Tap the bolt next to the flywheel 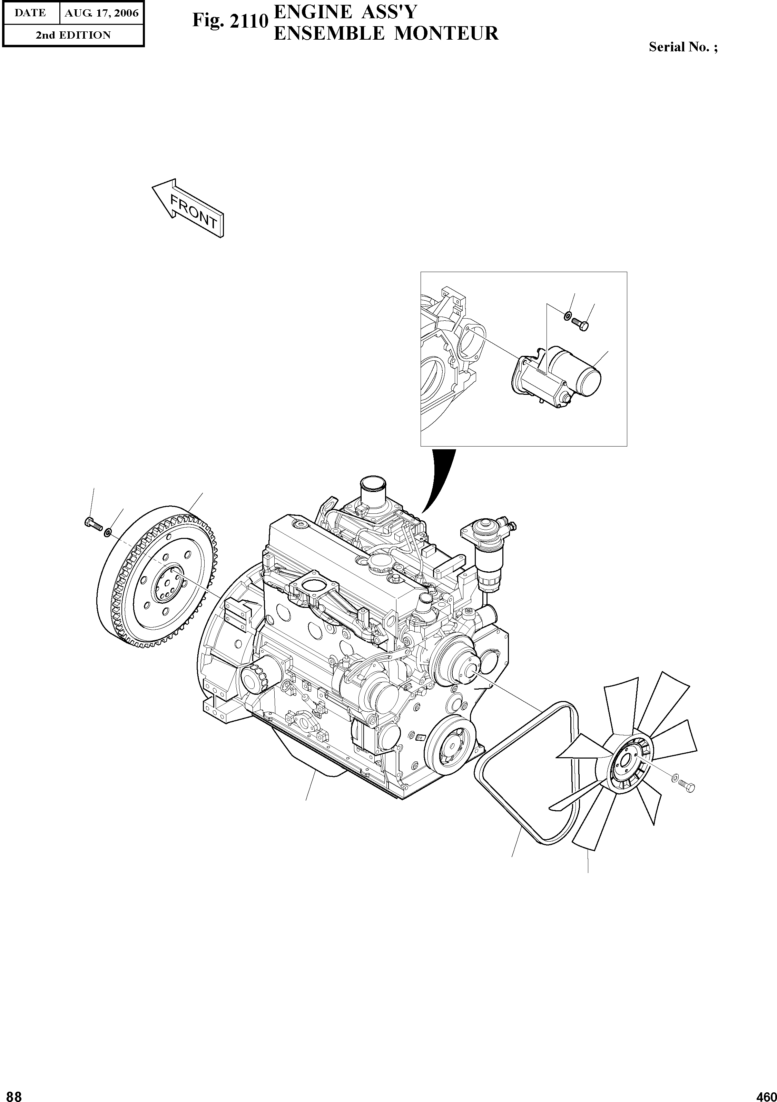click(93, 524)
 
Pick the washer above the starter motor click(567, 315)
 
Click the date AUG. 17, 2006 click(101, 13)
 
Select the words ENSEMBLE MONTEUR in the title click(386, 33)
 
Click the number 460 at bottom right click(766, 1094)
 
